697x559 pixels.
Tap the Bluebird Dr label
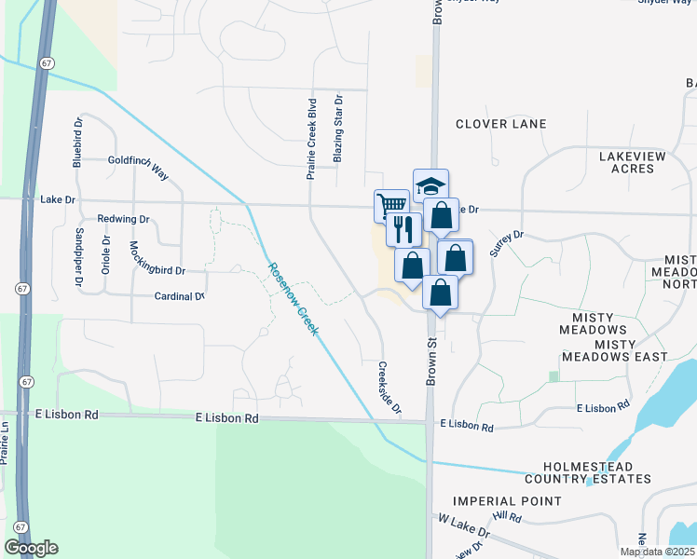[x=78, y=142]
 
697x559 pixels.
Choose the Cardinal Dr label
[x=179, y=296]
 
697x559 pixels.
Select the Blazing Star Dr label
[x=338, y=128]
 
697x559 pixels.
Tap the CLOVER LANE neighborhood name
[x=500, y=124]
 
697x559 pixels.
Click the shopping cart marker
[x=391, y=204]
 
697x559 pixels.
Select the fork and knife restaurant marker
[x=403, y=227]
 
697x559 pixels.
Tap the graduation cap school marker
[x=430, y=183]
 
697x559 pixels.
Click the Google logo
[x=31, y=548]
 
